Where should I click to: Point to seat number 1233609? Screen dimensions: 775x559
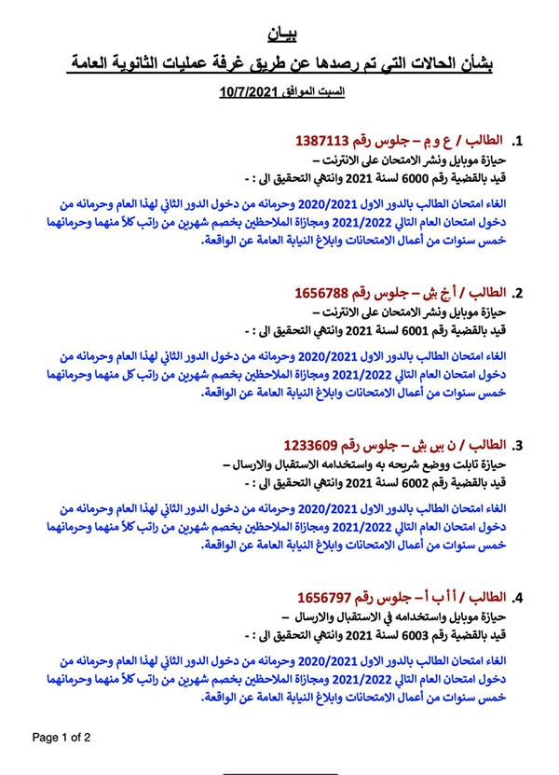[x=316, y=444]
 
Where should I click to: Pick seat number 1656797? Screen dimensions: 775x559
[x=331, y=596]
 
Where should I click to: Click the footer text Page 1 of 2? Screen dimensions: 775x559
[x=61, y=736]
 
